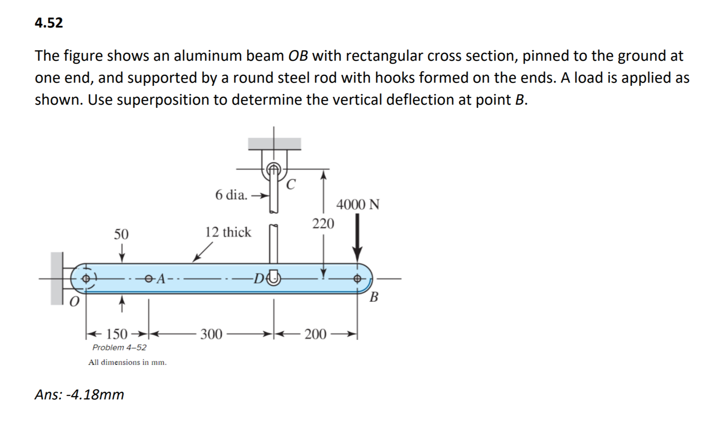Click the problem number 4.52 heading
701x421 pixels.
pyautogui.click(x=49, y=23)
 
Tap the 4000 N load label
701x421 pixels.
pyautogui.click(x=358, y=204)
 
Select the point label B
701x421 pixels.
pyautogui.click(x=374, y=297)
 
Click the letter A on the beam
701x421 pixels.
pyautogui.click(x=160, y=279)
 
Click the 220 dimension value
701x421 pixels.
pyautogui.click(x=323, y=224)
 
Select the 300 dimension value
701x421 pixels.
pyautogui.click(x=211, y=334)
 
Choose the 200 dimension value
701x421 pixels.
pyautogui.click(x=315, y=334)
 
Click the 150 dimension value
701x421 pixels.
pyautogui.click(x=117, y=334)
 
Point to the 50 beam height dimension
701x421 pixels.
pyautogui.click(x=121, y=234)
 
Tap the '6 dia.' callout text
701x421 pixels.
pyautogui.click(x=231, y=195)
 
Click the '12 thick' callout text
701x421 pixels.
pyautogui.click(x=228, y=232)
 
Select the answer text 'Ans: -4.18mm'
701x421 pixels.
pyautogui.click(x=79, y=394)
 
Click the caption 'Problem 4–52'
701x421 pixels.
pyautogui.click(x=119, y=347)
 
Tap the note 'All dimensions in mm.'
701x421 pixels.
pyautogui.click(x=128, y=362)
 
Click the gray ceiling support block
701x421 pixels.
pyautogui.click(x=274, y=143)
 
